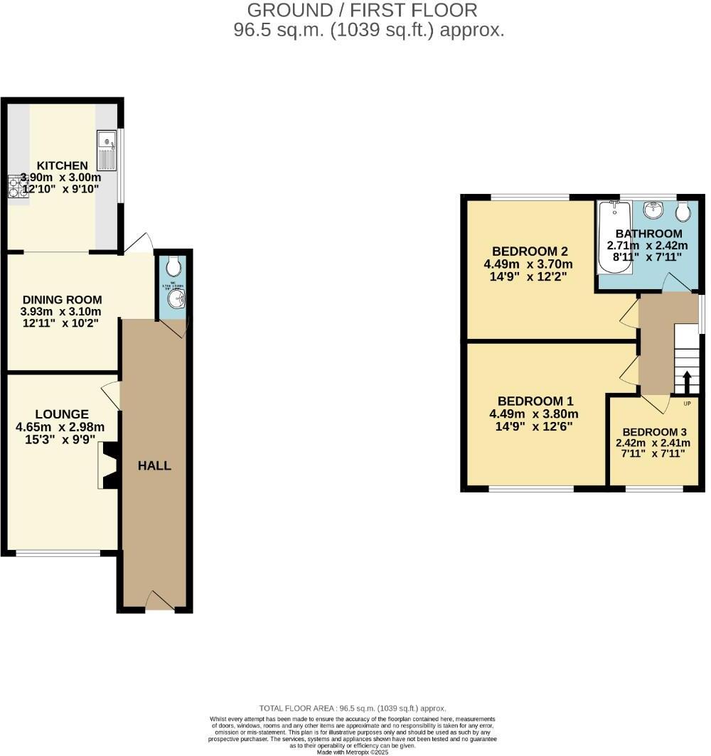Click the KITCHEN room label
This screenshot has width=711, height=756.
[x=63, y=166]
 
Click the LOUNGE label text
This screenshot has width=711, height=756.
[x=62, y=414]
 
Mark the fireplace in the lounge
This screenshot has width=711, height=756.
[x=108, y=465]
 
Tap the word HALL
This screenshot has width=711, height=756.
[x=154, y=466]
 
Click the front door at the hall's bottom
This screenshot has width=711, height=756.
[x=159, y=600]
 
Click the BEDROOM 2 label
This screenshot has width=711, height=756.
[x=530, y=251]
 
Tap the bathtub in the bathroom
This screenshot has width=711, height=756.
[x=614, y=236]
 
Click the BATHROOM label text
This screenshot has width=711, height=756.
[x=648, y=234]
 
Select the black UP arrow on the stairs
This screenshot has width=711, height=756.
[x=687, y=382]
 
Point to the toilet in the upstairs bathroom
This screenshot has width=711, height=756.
[x=683, y=211]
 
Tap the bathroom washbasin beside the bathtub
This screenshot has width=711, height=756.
[x=653, y=210]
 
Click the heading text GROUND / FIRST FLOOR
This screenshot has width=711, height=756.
[x=362, y=11]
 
